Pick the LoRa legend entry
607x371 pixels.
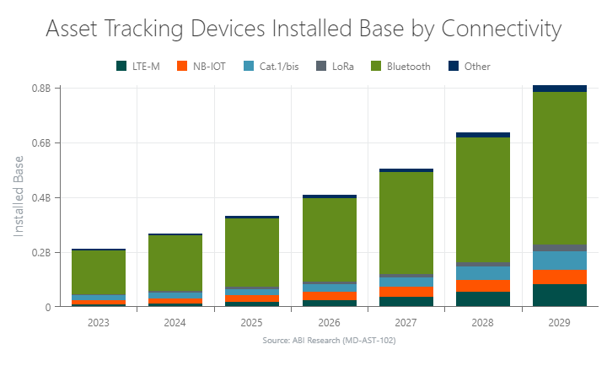(x=336, y=66)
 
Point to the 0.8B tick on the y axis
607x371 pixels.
(x=40, y=89)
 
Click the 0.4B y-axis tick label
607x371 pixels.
(x=40, y=198)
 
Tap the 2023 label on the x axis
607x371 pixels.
(x=99, y=322)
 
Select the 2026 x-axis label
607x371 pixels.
(x=329, y=322)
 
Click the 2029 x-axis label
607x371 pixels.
(x=560, y=322)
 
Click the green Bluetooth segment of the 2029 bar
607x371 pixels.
(x=560, y=169)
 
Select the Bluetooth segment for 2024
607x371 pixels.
(x=175, y=263)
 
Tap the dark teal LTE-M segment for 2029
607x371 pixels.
(x=560, y=295)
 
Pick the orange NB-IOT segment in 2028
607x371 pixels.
(x=483, y=285)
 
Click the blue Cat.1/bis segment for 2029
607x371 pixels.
(x=560, y=260)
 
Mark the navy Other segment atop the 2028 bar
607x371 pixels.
(x=483, y=135)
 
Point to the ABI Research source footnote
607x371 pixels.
(x=329, y=341)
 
